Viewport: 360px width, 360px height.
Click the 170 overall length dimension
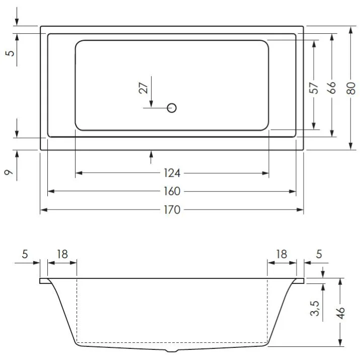pyautogui.click(x=172, y=210)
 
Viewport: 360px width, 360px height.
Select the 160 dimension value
pyautogui.click(x=172, y=192)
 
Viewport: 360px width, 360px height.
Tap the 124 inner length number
pyautogui.click(x=172, y=174)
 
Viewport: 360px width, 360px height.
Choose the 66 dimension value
pyautogui.click(x=331, y=88)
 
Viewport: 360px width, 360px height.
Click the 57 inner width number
pyautogui.click(x=314, y=88)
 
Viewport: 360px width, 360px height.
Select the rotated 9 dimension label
pyautogui.click(x=9, y=173)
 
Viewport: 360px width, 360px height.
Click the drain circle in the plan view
pyautogui.click(x=172, y=107)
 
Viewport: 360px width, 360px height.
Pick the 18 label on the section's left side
pyautogui.click(x=62, y=254)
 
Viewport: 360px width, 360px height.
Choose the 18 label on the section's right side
pyautogui.click(x=281, y=254)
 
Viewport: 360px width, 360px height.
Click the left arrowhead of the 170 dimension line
pyautogui.click(x=43, y=210)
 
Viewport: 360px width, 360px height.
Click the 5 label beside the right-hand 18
pyautogui.click(x=318, y=254)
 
